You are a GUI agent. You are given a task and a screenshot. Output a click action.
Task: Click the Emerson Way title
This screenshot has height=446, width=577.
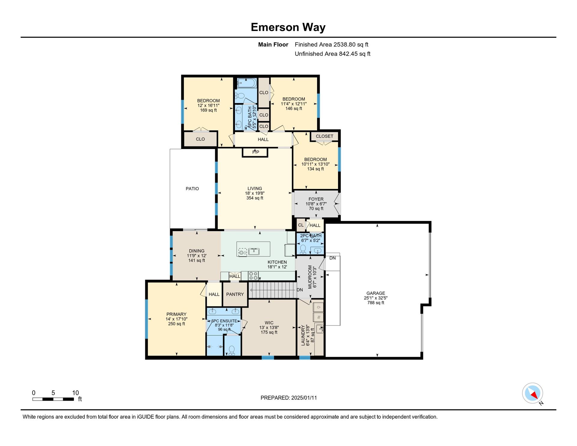288,27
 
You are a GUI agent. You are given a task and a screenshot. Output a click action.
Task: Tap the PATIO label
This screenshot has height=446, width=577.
192,189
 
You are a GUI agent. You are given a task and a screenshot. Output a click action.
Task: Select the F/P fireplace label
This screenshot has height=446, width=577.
255,152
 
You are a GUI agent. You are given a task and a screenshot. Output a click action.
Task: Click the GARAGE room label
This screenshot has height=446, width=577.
376,293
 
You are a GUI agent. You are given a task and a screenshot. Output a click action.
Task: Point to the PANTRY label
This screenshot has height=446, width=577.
235,295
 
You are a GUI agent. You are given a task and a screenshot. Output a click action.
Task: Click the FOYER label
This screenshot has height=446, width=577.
316,199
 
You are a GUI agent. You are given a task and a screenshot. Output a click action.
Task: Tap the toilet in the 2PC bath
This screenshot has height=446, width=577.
303,249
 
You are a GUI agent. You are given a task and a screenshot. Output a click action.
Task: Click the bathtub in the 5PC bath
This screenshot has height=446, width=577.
247,83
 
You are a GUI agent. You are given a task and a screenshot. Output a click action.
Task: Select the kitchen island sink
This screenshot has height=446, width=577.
254,251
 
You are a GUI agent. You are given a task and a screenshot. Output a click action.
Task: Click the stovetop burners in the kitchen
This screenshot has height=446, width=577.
253,276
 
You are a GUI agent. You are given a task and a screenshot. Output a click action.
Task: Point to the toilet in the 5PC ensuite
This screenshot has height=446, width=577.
232,350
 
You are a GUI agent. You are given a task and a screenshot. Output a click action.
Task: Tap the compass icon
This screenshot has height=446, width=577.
533,393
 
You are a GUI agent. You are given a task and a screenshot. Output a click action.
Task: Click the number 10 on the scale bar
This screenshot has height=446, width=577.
75,393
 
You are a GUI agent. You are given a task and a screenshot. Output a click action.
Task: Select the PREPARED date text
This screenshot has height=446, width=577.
288,398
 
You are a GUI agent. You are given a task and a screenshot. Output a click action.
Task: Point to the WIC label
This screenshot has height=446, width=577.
269,323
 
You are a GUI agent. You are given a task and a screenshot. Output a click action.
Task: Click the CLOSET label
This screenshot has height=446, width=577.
325,136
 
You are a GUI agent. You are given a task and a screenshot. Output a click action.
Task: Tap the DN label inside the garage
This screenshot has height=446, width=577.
332,258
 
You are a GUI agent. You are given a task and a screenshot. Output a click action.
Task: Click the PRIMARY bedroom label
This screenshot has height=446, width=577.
176,314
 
